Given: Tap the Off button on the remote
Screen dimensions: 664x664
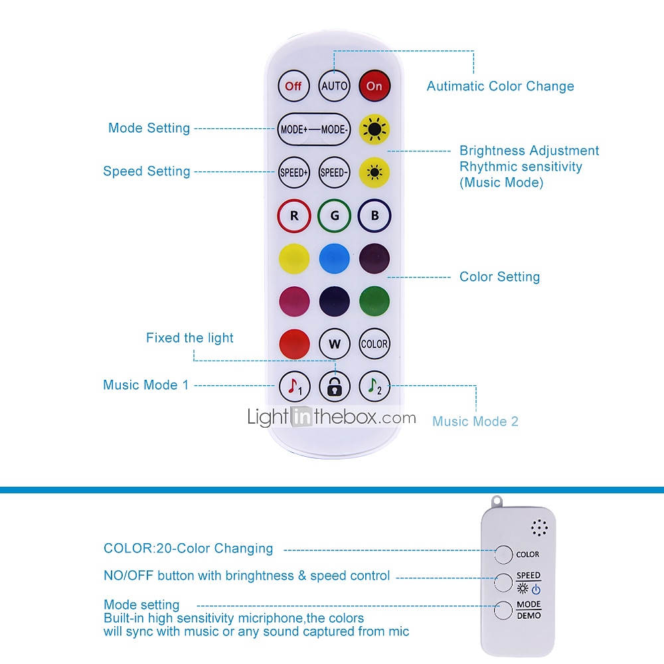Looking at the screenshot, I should (293, 86).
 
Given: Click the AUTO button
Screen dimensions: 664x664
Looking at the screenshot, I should (334, 86).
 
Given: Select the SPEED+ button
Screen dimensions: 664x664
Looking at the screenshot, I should (293, 173).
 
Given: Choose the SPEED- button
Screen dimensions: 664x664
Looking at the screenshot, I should (334, 173).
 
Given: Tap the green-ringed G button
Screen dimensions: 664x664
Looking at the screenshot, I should (334, 216).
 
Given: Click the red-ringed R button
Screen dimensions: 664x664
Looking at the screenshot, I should (293, 216).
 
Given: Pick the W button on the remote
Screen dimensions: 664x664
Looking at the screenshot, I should (334, 344).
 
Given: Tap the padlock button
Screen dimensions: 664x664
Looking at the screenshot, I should (334, 386).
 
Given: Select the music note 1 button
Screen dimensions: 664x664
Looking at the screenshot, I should (293, 386).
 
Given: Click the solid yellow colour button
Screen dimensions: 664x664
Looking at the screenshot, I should (293, 259).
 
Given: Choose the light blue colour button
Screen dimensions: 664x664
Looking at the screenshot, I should (334, 259).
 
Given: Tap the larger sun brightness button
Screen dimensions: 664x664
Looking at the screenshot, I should (374, 129).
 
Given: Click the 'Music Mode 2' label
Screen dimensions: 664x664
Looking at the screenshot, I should (475, 421).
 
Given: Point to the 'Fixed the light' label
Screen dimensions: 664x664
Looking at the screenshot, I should (190, 338).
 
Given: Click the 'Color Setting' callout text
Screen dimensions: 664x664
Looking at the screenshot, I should (499, 277).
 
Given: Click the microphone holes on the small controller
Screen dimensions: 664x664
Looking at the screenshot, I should (539, 529).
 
